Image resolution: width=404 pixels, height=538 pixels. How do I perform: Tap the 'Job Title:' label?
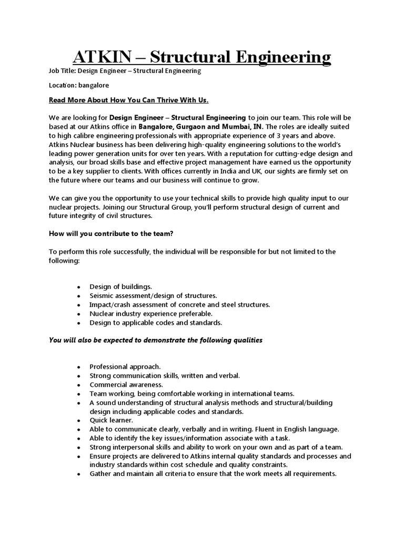[64, 70]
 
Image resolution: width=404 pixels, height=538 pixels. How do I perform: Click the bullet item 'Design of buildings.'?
[120, 286]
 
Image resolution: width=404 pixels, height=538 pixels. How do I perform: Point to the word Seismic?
[103, 296]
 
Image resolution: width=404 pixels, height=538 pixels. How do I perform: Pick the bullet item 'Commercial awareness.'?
[119, 384]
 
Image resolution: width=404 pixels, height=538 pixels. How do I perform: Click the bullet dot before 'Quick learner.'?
[78, 420]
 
